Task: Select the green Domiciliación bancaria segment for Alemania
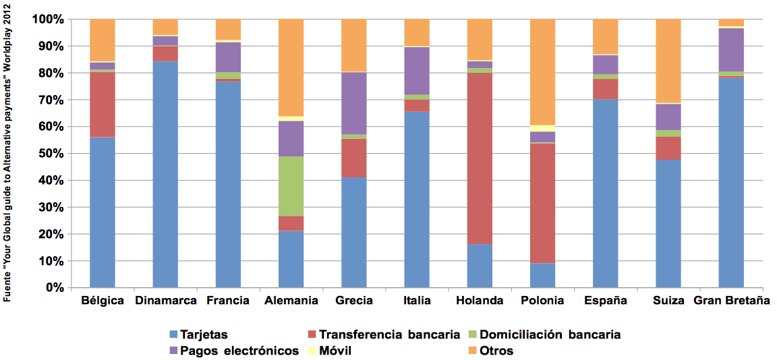point(291,186)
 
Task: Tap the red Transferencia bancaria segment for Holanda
point(480,158)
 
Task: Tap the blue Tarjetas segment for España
point(605,193)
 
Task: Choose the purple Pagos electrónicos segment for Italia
point(417,71)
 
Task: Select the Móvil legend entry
point(330,351)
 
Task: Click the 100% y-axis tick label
point(47,19)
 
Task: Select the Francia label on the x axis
point(228,301)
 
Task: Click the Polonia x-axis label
point(542,301)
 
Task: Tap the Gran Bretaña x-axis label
point(731,301)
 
